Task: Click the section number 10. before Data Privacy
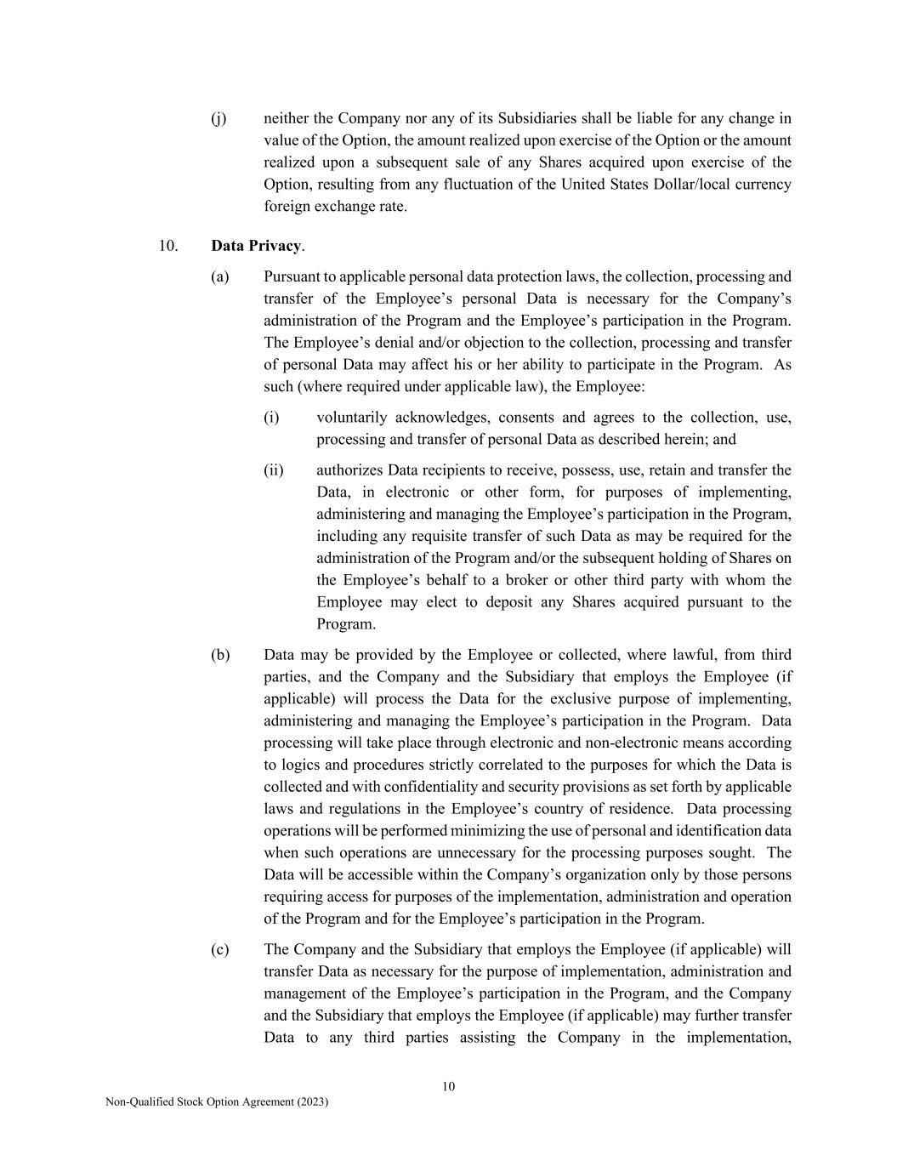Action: [167, 246]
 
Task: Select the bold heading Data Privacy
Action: [256, 246]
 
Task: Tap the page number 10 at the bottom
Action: [449, 1086]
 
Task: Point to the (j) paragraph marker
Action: [219, 118]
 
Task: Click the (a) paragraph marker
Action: [220, 276]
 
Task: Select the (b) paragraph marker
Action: [220, 655]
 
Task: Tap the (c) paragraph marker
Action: [220, 949]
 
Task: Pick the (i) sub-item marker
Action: [271, 418]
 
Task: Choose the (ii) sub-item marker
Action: [274, 470]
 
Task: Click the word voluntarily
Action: [350, 418]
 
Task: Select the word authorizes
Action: [349, 470]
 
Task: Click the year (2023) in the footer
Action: [312, 1101]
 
